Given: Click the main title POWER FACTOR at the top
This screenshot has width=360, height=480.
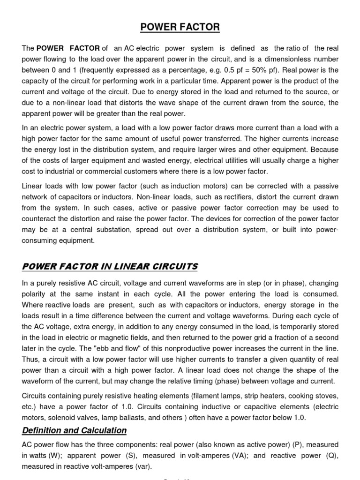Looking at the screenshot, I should pyautogui.click(x=180, y=27).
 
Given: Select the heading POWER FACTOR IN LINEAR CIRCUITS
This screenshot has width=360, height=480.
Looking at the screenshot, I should pyautogui.click(x=110, y=267).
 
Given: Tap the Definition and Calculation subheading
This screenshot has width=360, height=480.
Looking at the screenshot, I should pyautogui.click(x=74, y=430).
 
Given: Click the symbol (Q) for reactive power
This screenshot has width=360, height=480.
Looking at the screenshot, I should pyautogui.click(x=330, y=455).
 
